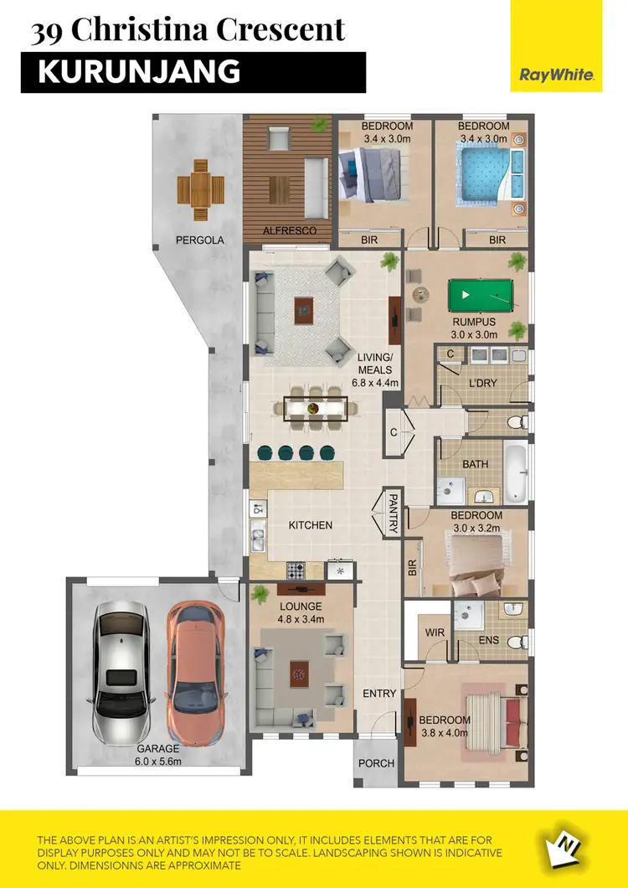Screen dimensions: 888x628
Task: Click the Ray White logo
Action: pos(557,75)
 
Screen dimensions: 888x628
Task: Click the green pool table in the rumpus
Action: pos(471,296)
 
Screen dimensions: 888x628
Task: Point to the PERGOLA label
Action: pos(199,240)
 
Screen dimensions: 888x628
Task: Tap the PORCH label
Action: pos(377,763)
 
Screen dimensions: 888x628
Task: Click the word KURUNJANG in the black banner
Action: pos(139,72)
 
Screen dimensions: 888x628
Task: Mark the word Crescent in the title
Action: pos(280,29)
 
